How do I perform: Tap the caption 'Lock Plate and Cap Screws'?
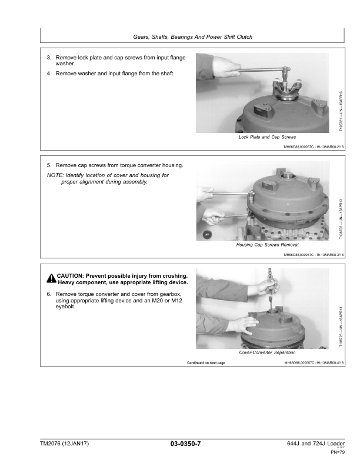pyautogui.click(x=263, y=137)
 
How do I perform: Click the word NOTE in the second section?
pyautogui.click(x=55, y=175)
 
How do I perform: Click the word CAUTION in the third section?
pyautogui.click(x=71, y=275)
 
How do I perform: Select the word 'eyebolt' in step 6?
pyautogui.click(x=66, y=307)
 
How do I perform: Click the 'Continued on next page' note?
pyautogui.click(x=206, y=362)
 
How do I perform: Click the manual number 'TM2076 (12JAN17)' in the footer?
pyautogui.click(x=66, y=443)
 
